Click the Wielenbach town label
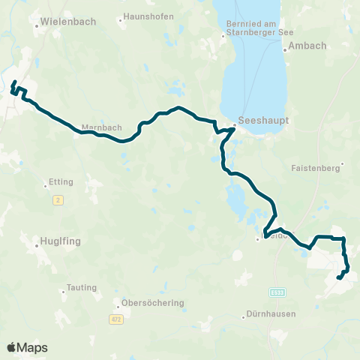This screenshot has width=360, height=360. pos(70,22)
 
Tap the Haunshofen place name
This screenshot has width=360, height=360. pos(148,16)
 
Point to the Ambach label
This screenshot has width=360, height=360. pos(309,46)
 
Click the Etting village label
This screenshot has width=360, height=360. pos(59,181)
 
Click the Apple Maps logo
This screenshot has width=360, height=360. pos(27,347)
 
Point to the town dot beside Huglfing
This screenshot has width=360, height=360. pos(35,242)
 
